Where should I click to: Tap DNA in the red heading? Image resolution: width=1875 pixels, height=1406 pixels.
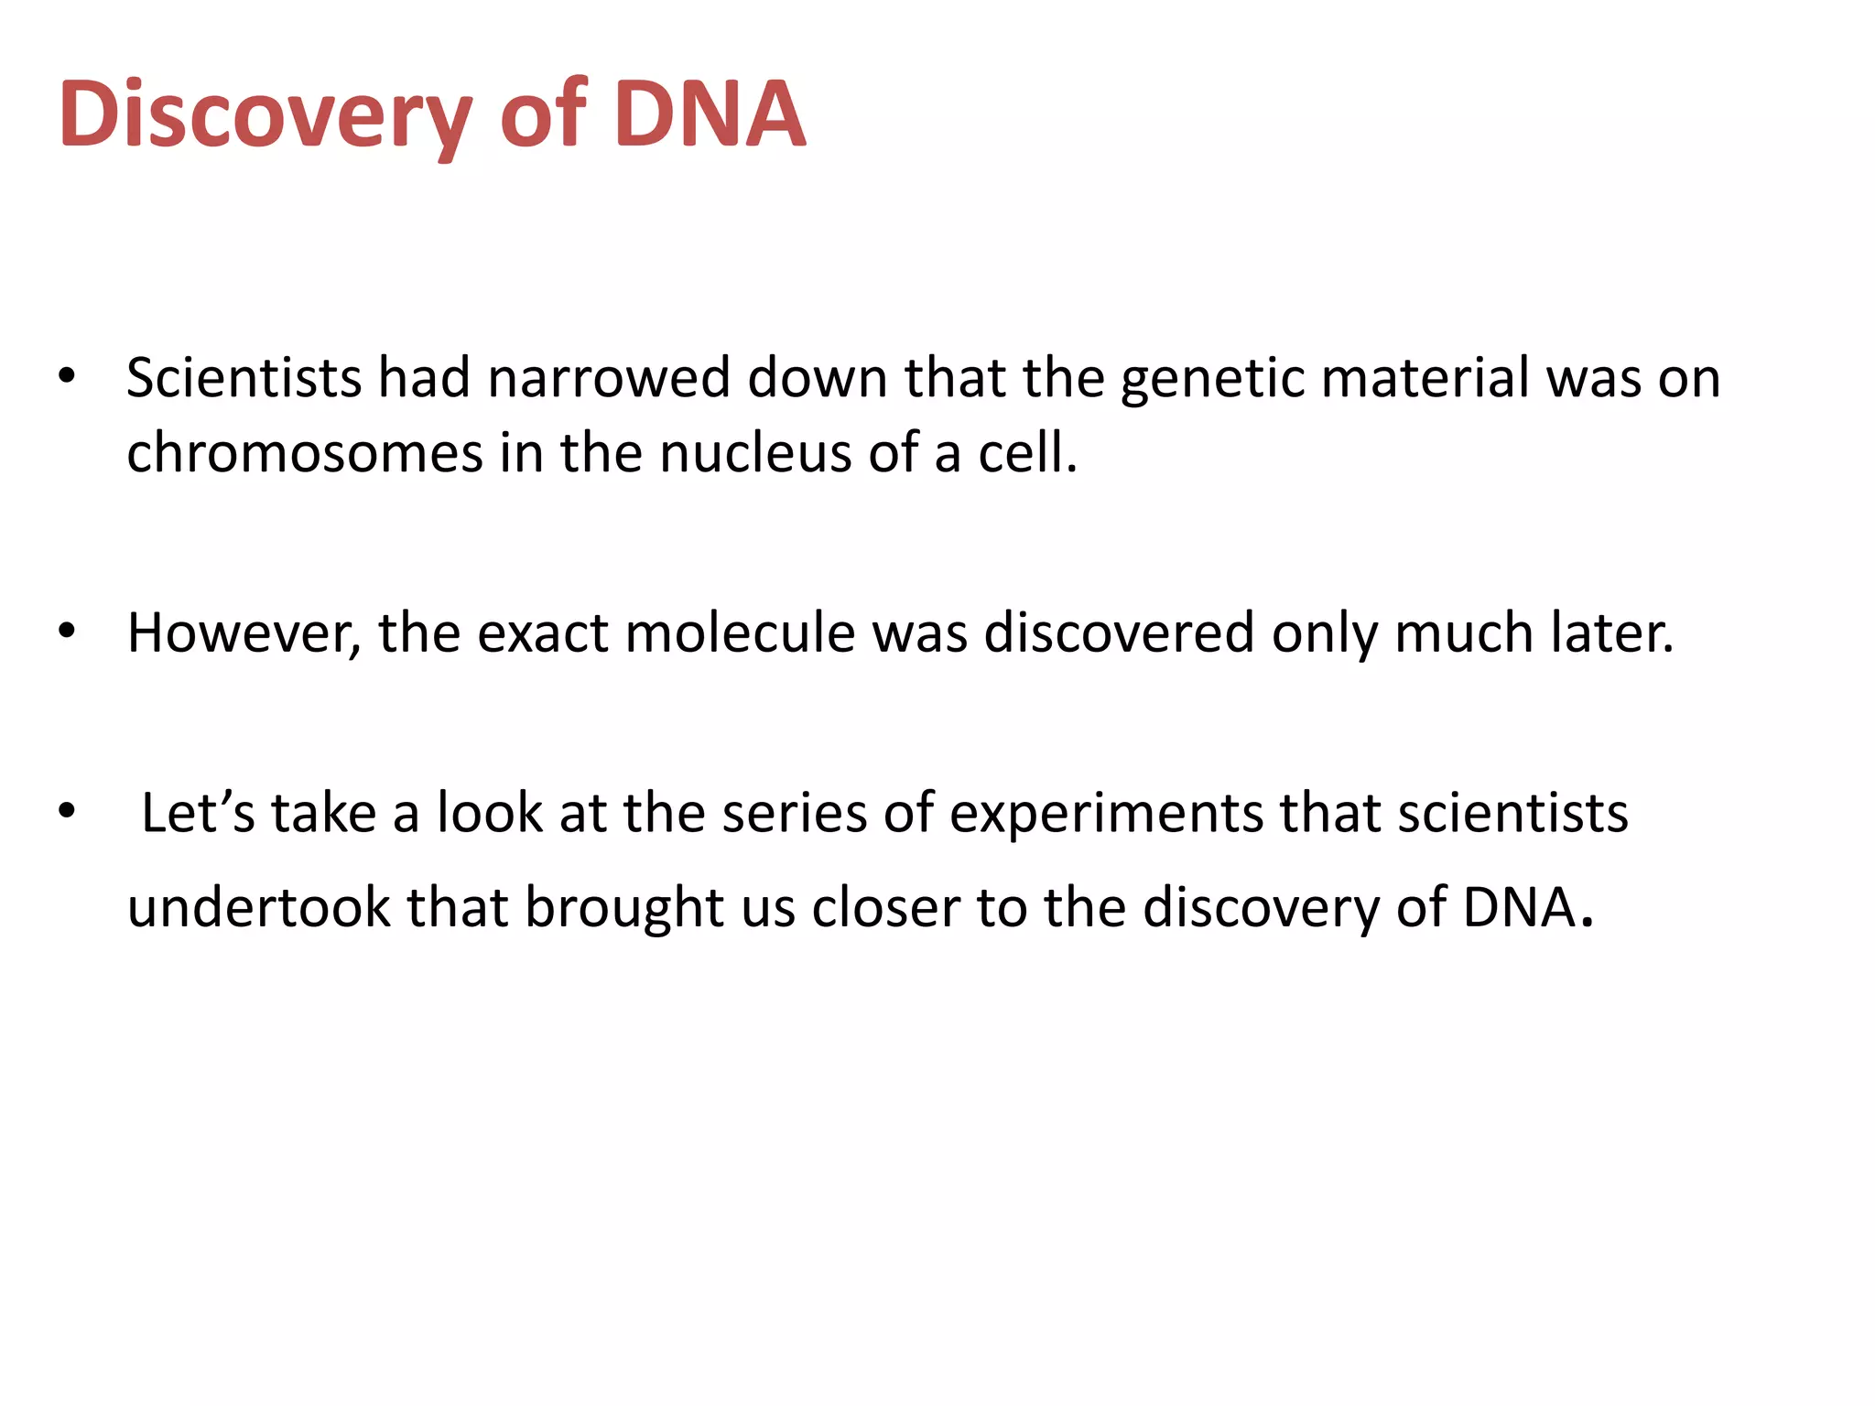710,114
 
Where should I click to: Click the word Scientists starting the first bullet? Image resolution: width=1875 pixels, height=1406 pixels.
244,378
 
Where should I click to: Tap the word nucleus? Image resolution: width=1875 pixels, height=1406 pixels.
755,453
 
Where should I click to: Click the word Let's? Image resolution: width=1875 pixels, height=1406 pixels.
198,813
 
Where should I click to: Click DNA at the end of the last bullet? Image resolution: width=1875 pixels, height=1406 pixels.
1521,907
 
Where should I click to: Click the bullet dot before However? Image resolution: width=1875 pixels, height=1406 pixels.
66,632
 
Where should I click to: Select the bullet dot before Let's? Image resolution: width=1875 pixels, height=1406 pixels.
66,812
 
